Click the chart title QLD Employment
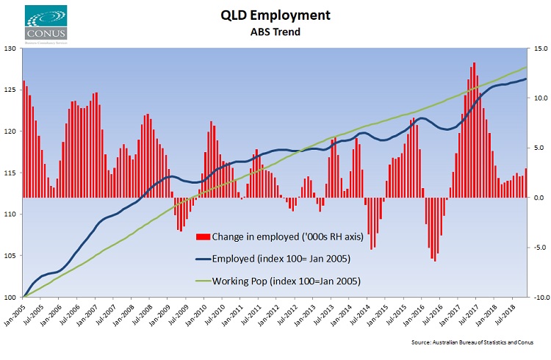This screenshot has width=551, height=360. [x=275, y=15]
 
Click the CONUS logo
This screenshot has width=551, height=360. [x=45, y=24]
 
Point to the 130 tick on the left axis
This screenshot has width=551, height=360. [x=10, y=48]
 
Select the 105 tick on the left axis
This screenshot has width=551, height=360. [x=10, y=256]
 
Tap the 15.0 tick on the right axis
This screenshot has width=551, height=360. [x=539, y=48]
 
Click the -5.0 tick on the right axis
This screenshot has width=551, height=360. [x=539, y=248]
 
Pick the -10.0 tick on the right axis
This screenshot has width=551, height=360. [x=538, y=298]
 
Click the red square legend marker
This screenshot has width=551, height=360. [x=203, y=237]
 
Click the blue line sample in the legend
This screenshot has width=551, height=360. [x=203, y=259]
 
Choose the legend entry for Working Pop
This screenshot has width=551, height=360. [x=280, y=281]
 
